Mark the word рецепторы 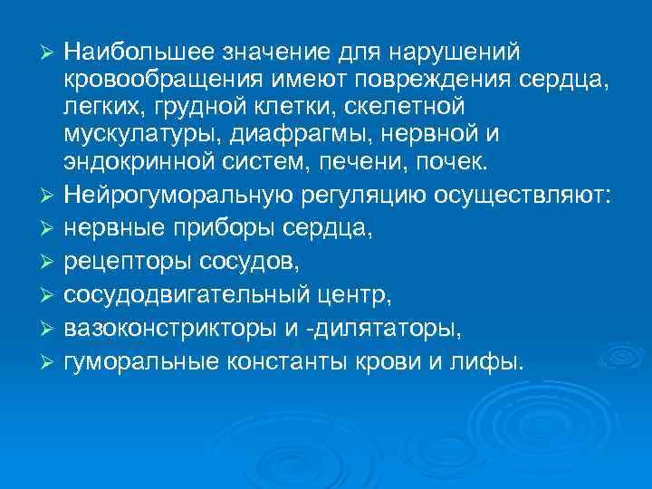(x=126, y=263)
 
